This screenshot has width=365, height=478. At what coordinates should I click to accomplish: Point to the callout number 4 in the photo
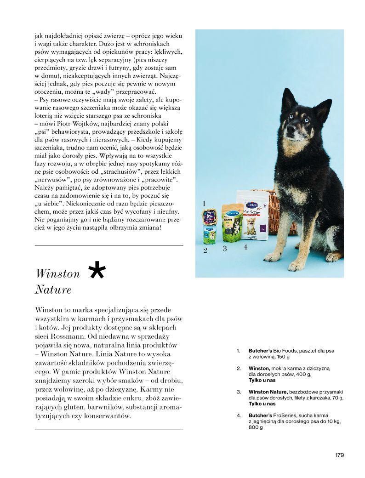coord(245,246)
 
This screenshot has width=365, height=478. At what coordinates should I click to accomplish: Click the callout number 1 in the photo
coord(204,203)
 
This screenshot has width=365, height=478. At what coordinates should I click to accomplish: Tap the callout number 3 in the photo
coord(225,248)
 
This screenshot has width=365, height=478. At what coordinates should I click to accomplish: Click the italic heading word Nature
coord(53,290)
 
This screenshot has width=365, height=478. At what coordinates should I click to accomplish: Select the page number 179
coord(339,455)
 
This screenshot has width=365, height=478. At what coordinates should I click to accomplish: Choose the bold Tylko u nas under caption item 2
coord(262,381)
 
